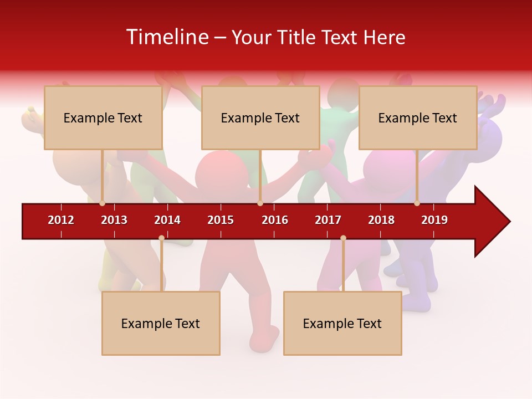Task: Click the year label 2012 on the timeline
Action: click(x=61, y=220)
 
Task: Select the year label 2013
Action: click(x=114, y=220)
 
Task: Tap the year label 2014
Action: click(x=167, y=220)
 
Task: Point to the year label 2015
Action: click(x=221, y=220)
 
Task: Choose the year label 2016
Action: click(x=275, y=220)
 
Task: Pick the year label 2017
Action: click(x=328, y=220)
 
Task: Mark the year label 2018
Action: click(x=381, y=220)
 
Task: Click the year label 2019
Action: click(x=434, y=220)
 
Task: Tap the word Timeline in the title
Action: click(x=166, y=37)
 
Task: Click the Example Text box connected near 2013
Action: click(x=103, y=117)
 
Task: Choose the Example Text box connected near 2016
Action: click(x=260, y=117)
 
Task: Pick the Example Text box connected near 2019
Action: click(x=418, y=117)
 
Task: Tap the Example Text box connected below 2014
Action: click(x=161, y=323)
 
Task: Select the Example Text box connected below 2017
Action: click(x=342, y=323)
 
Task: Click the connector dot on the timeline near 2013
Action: click(x=102, y=203)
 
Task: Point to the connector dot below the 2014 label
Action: click(x=161, y=238)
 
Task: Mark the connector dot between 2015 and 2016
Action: click(x=260, y=203)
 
